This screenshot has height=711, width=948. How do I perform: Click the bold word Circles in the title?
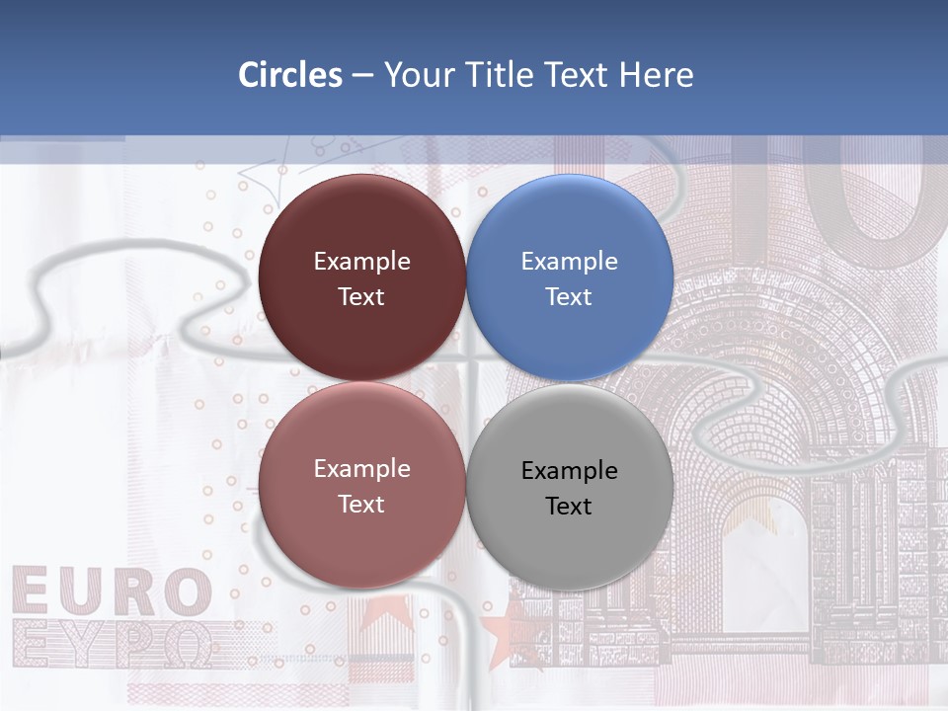[290, 75]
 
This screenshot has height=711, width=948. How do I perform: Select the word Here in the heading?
[656, 75]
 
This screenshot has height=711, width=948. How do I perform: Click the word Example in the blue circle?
[569, 262]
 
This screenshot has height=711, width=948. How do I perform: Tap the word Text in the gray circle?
[569, 507]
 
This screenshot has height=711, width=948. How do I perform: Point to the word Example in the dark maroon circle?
[361, 262]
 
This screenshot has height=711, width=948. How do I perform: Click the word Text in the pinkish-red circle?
[361, 505]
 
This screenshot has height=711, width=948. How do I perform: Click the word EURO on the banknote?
[112, 592]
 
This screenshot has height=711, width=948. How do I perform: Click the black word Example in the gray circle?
[569, 471]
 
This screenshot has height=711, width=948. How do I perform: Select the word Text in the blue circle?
[569, 297]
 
